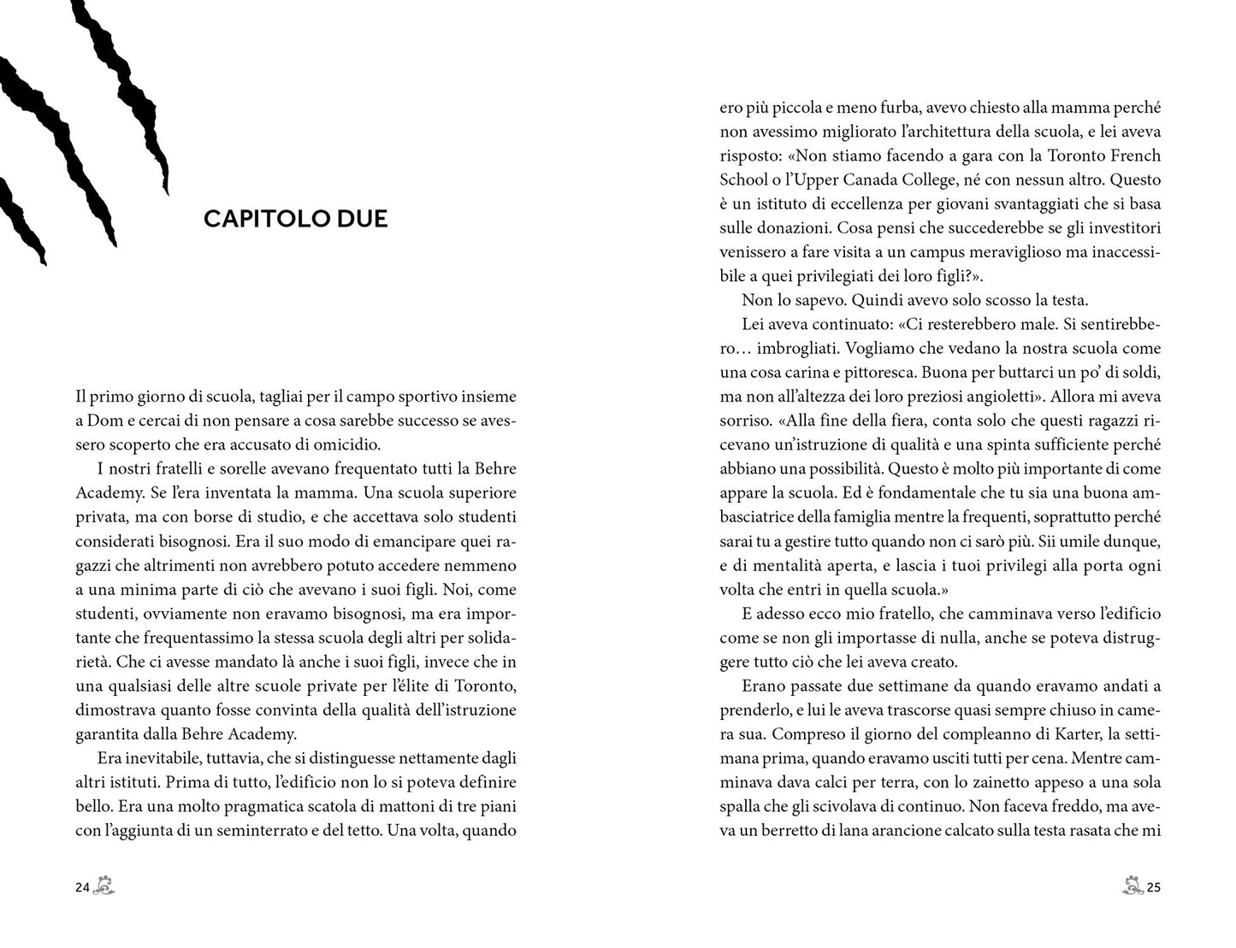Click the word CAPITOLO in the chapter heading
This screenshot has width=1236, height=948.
[257, 219]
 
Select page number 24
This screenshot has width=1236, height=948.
[82, 887]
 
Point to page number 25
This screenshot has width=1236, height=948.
[1154, 887]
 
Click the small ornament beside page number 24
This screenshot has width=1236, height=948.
[104, 886]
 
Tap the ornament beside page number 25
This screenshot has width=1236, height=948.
[1133, 886]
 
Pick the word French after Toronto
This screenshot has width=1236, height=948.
[1135, 156]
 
